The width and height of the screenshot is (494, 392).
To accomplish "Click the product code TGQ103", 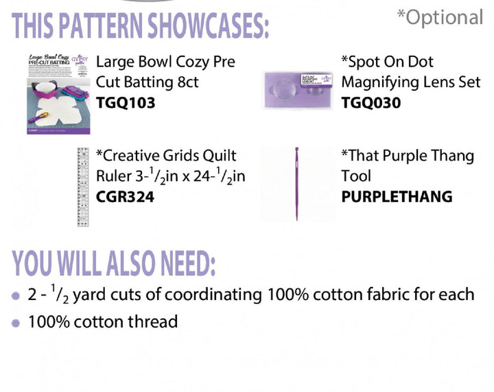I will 126,103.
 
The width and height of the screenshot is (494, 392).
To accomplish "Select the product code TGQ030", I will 370,103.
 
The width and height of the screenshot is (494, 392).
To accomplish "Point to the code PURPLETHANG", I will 397,197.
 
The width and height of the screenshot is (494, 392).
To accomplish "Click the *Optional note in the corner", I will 440,18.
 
